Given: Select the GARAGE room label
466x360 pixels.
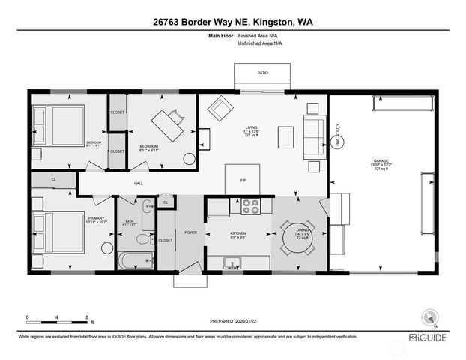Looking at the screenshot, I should pos(381,160).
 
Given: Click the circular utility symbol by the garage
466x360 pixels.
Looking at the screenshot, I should pos(337,140).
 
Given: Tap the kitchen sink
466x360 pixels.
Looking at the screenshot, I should pos(234,263).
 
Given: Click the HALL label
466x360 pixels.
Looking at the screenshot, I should pos(139,183).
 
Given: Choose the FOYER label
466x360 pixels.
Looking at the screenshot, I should pos(192,233).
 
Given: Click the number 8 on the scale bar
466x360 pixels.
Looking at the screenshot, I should pos(88,318).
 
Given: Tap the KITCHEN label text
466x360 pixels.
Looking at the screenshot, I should pos(238,233).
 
